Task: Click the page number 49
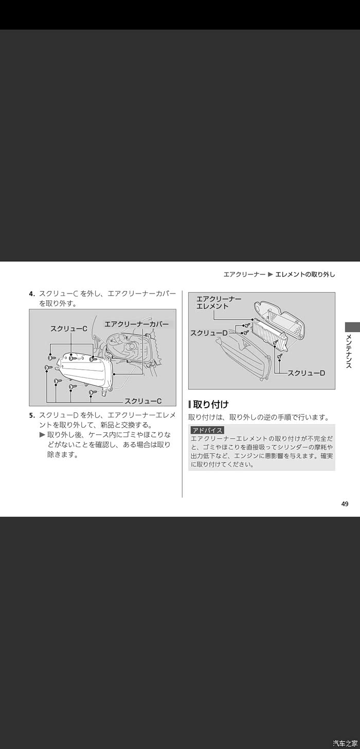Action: pos(345,504)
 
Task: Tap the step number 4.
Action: pos(32,294)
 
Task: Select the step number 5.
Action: pos(32,416)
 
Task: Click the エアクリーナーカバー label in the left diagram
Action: pos(136,324)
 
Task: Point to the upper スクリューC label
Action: pos(68,328)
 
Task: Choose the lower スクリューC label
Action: pos(143,401)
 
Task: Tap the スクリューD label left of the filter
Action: pos(209,333)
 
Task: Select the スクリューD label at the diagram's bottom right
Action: pos(307,373)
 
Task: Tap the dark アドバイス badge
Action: pos(207,430)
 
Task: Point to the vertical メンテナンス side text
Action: pos(349,351)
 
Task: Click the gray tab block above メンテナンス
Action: pos(352,326)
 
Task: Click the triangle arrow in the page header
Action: pos(271,275)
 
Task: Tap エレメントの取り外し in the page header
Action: pos(305,275)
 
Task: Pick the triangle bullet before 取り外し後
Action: pos(42,435)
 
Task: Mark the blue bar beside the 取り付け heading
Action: pos(190,405)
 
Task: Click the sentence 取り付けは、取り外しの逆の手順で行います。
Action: pos(259,417)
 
